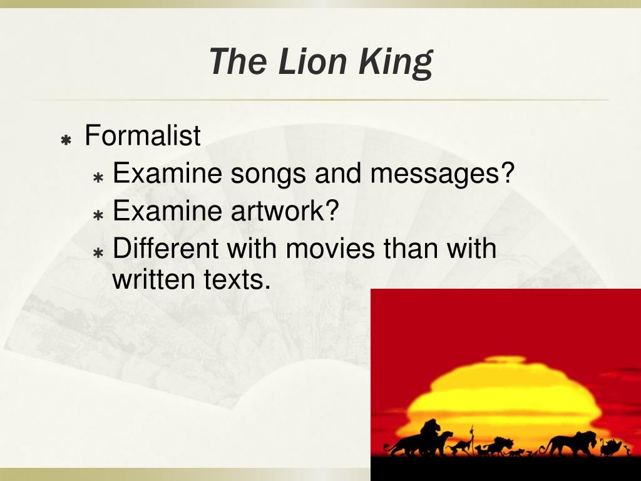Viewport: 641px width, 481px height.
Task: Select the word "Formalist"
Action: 143,135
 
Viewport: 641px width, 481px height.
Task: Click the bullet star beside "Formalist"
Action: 65,140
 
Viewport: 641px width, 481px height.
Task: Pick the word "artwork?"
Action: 284,211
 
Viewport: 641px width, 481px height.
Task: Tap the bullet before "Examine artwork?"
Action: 98,215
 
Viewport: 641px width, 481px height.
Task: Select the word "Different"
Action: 166,249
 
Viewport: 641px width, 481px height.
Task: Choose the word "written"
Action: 154,279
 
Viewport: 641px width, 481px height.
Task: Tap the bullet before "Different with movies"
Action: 98,252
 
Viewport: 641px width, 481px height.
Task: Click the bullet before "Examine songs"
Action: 98,177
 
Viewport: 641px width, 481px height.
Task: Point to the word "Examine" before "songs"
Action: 167,173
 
